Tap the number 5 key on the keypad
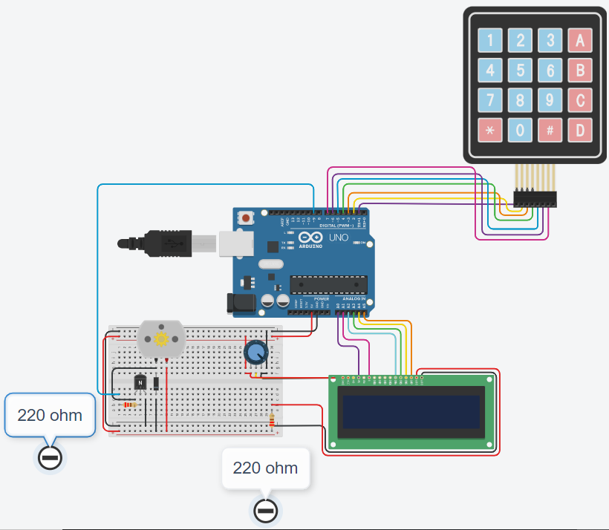[520, 71]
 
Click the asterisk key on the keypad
[489, 131]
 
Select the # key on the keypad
[550, 131]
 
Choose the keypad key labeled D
[580, 131]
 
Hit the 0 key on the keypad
[520, 131]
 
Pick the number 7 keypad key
[489, 100]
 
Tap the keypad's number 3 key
[550, 40]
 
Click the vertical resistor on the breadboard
[272, 420]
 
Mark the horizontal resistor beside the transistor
[131, 405]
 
